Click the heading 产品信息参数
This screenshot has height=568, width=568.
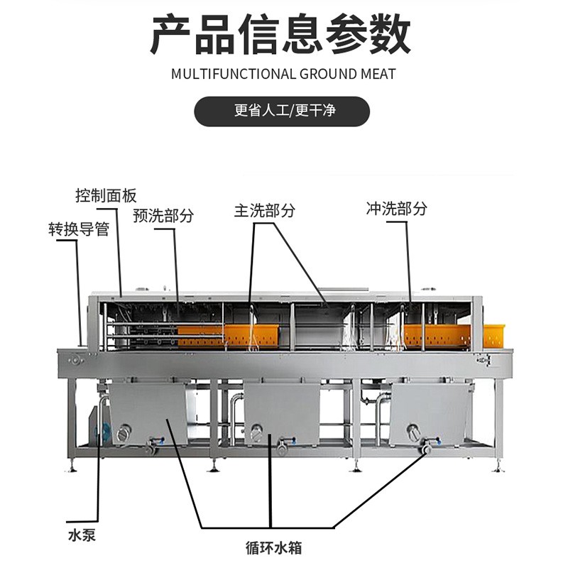coord(280,34)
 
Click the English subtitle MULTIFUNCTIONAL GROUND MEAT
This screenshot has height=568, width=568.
coord(283,74)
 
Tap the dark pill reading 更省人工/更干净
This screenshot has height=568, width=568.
coord(282,111)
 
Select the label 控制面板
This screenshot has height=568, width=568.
coord(106,196)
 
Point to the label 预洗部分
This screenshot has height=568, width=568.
coord(163,215)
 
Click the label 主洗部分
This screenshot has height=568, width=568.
coord(264,210)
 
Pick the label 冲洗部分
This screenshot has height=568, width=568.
coord(396,208)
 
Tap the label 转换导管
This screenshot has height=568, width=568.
coord(79,229)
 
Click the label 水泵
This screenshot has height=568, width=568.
coord(82,535)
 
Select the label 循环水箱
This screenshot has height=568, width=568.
coord(273,547)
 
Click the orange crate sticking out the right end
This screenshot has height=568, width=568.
coord(494,337)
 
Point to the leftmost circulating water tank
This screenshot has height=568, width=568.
coord(148,414)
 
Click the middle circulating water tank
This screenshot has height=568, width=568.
coord(282,414)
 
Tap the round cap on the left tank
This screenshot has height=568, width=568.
coord(124,433)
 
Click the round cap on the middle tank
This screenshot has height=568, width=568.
coord(258,432)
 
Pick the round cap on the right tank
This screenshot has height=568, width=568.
coord(413,431)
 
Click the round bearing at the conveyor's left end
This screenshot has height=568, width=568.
coord(75,361)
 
